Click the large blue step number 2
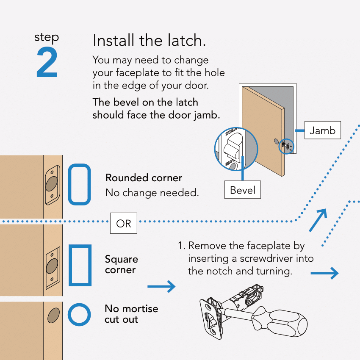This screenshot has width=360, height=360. coord(47,62)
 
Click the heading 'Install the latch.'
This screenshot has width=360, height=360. coord(149,41)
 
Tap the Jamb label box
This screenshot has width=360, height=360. coord(322,130)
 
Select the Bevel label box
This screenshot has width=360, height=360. coord(242,190)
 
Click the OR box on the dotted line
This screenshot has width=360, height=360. coord(124,223)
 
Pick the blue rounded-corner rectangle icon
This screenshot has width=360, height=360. coord(80,184)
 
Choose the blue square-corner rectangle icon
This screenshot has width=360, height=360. coord(80,265)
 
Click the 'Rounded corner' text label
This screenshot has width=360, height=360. coord(144,178)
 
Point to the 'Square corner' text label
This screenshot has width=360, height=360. coord(121,264)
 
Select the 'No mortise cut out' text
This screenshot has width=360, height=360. coord(131,314)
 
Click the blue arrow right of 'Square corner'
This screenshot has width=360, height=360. coord(161,287)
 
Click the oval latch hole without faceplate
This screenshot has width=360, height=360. coord(53,316)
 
